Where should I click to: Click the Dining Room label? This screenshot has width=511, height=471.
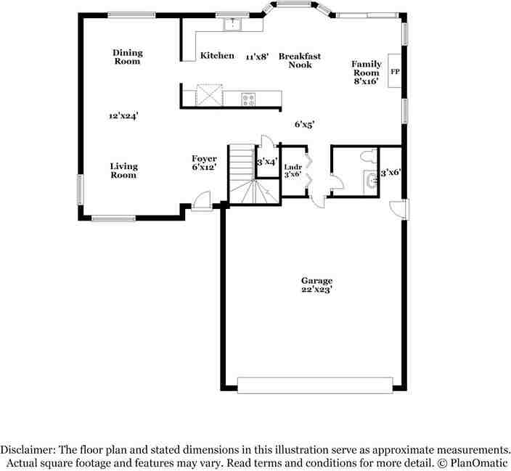tap(127, 57)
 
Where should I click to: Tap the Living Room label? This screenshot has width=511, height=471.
tap(123, 171)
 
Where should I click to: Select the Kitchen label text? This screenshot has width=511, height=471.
tap(217, 56)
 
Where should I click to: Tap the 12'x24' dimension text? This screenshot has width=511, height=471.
tap(123, 115)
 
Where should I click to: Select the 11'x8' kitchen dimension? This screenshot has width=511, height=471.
tap(257, 56)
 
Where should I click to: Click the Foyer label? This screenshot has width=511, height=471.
tap(204, 163)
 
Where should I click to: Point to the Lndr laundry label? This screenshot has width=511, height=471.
tap(293, 171)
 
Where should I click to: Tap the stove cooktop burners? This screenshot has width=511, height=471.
tap(248, 99)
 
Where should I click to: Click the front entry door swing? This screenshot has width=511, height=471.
tap(202, 200)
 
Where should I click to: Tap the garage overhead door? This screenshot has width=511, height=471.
tap(315, 385)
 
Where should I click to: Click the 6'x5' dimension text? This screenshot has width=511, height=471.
tap(304, 125)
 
